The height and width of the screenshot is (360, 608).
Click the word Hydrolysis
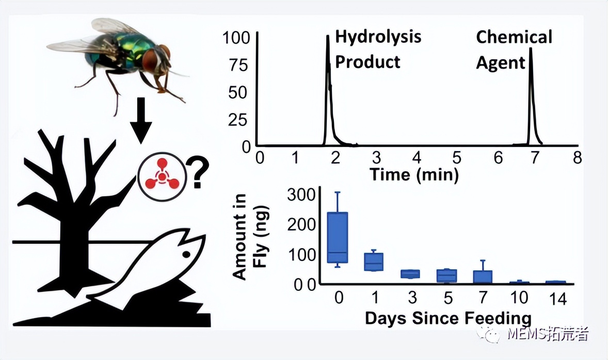point(378,37)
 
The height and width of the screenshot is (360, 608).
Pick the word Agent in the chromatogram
point(500,63)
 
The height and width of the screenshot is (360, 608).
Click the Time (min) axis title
point(414,174)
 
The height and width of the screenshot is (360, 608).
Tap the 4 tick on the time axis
point(417,158)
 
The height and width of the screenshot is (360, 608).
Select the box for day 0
point(338,237)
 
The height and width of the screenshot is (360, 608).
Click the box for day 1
point(374,261)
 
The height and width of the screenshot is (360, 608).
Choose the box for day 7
point(482,276)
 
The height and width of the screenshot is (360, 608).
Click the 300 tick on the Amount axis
point(299,195)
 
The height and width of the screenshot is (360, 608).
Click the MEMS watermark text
point(547,334)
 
